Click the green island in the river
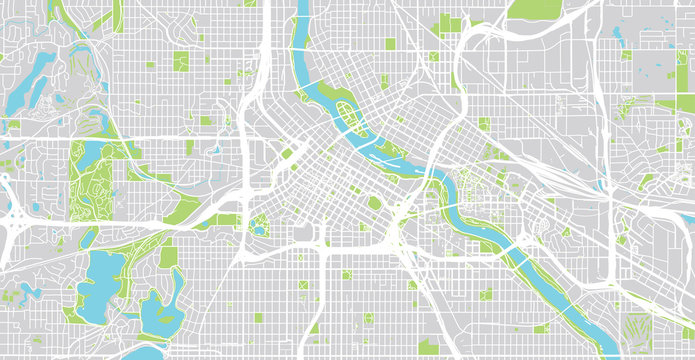344,118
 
